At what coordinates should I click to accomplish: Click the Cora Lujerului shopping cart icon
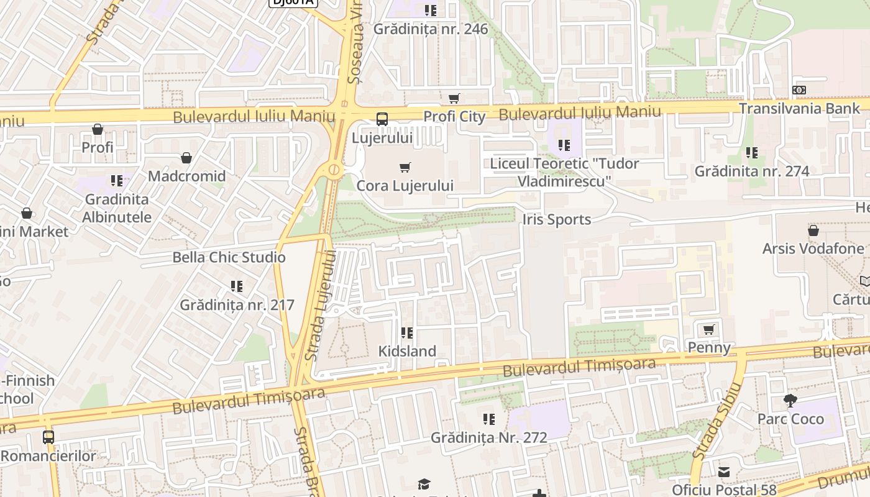405,166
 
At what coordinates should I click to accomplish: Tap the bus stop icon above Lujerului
382,119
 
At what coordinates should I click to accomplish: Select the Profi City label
454,116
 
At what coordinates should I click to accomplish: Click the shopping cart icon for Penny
708,329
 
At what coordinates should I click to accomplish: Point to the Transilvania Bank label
799,108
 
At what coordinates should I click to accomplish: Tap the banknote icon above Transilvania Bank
800,90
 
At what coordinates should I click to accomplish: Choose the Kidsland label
407,351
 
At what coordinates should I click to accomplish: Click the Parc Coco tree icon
790,400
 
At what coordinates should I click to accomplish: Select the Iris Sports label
556,219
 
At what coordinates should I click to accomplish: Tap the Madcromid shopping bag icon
186,158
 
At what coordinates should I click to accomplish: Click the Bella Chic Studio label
229,257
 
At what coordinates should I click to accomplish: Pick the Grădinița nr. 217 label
237,305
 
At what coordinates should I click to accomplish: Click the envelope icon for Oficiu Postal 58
724,472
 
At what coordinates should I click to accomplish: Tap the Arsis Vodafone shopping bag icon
813,231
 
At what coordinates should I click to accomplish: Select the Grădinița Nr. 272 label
489,437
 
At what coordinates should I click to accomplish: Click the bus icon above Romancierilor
48,437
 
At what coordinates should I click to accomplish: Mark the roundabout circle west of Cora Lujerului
334,169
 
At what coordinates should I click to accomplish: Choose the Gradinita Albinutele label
117,208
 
